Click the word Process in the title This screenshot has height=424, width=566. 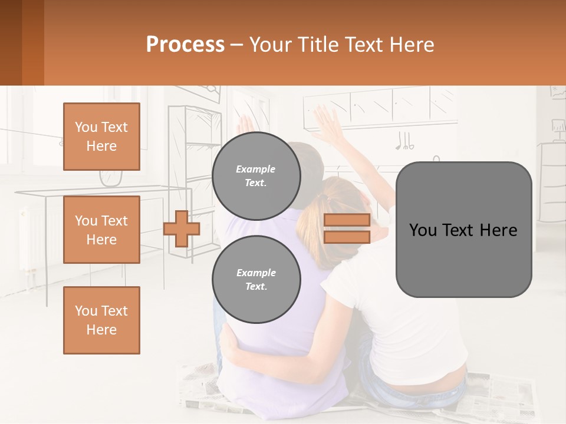(x=185, y=45)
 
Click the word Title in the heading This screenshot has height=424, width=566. (x=317, y=45)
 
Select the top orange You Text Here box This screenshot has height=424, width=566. (x=101, y=137)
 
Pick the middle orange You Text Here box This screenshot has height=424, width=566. (x=101, y=230)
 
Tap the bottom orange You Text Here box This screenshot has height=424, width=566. (x=101, y=320)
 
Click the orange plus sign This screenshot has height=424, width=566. (x=182, y=228)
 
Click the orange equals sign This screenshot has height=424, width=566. (x=347, y=228)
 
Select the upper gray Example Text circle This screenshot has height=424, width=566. (x=256, y=176)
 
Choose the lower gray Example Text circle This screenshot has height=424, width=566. (x=256, y=280)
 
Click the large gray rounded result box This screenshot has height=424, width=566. (x=463, y=230)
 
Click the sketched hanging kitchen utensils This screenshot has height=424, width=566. (x=404, y=141)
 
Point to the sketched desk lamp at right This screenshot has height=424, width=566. (x=557, y=127)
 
